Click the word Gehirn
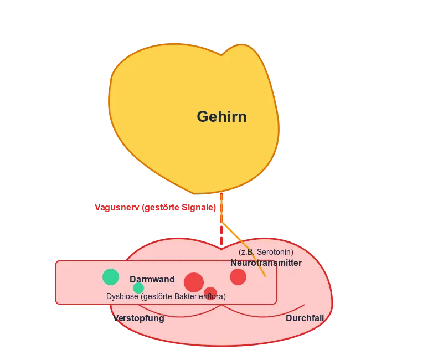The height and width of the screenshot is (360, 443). point(221,117)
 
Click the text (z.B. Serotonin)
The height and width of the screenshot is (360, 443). point(266,252)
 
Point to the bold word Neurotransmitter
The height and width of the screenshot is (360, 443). point(266,263)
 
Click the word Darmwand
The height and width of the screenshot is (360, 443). point(152,280)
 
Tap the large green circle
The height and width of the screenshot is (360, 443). point(111,277)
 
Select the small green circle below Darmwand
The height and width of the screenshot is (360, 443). point(138,288)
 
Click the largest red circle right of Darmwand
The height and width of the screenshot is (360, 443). point(194,282)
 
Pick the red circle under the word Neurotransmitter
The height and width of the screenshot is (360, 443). point(238,277)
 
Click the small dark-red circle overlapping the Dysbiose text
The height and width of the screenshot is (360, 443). point(210,292)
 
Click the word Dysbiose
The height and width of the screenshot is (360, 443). point(122,296)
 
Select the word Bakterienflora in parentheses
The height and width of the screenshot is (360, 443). point(199,296)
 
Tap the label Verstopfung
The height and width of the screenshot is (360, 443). point(138,318)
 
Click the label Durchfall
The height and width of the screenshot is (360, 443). point(305,318)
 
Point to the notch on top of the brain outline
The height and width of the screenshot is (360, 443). point(221,55)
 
